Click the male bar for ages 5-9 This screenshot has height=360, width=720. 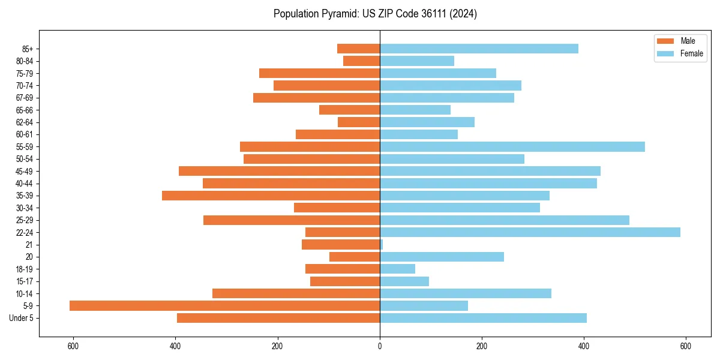coord(224,305)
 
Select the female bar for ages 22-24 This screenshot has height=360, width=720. coord(530,232)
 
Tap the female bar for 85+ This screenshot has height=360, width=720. coord(479,49)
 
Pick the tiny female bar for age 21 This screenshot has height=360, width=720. coord(381,244)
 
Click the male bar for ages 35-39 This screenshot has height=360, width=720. coord(271,196)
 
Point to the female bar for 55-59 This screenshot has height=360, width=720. coord(512,146)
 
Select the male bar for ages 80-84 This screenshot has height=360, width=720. coord(361,61)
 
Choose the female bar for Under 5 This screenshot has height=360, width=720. coord(483,318)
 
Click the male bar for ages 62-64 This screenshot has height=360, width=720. coord(359,122)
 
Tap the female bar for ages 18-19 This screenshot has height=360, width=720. coord(397,269)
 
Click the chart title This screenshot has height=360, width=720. coord(375,14)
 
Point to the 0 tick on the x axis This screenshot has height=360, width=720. coord(380,346)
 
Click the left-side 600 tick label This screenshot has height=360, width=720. coord(73,346)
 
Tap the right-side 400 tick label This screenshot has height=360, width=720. coord(583,346)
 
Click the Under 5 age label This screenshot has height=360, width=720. coord(22,318)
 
